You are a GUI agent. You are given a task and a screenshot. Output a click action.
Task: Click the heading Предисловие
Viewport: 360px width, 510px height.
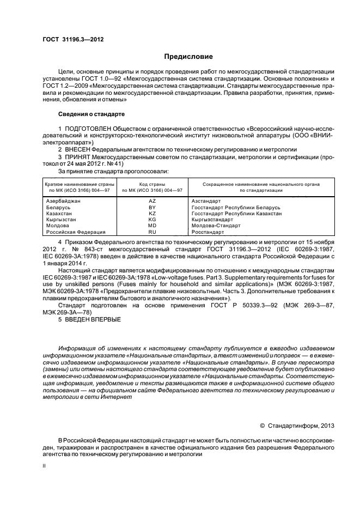(188, 57)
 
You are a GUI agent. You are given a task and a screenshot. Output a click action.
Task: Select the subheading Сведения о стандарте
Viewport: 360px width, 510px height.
(91, 114)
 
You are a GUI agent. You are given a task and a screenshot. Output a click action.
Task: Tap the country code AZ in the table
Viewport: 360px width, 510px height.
(152, 201)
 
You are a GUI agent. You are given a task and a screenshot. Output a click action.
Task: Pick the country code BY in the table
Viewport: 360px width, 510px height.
(152, 208)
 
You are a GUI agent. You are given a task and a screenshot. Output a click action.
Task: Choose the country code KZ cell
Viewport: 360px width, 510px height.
(152, 214)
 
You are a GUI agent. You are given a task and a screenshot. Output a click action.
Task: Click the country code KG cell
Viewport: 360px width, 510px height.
(152, 220)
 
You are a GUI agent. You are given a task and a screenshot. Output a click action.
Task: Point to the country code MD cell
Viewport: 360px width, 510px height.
(152, 226)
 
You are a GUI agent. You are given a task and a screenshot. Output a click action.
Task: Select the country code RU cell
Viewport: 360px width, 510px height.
(152, 232)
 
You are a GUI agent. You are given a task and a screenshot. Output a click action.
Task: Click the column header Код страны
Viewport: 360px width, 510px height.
(152, 184)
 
